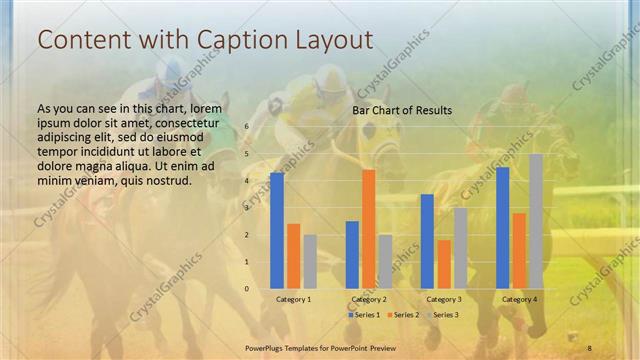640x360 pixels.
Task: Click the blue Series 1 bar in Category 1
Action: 277,231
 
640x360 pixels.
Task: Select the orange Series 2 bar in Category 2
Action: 369,229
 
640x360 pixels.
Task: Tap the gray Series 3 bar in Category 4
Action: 536,221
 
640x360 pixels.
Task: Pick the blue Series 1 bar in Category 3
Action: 427,241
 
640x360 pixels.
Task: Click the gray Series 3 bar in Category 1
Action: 310,261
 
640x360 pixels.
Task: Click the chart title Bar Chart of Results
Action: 402,110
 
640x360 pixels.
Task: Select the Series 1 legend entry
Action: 364,315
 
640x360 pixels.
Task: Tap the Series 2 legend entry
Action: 402,315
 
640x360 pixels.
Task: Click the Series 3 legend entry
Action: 441,315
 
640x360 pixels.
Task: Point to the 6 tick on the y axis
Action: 247,127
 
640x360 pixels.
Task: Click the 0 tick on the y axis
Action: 247,289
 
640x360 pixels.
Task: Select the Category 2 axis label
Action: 369,299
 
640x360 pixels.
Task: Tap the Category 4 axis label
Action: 519,299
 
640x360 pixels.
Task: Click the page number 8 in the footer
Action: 590,345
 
